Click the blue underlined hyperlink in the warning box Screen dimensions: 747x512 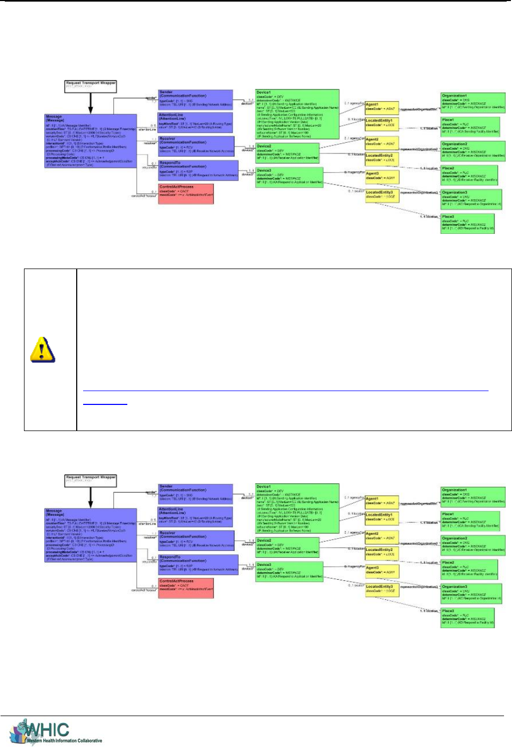point(105,403)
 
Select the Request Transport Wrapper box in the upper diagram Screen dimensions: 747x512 point(91,86)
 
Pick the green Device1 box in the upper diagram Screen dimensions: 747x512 point(297,114)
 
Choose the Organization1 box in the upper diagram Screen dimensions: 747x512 point(473,102)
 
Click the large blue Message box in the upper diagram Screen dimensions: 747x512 point(91,141)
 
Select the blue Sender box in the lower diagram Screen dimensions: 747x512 point(196,493)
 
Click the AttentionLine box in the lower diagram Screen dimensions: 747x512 point(196,517)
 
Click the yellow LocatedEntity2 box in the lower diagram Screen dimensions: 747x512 point(381,552)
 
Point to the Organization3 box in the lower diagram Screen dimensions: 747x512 point(471,593)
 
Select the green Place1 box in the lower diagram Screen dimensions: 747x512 point(470,521)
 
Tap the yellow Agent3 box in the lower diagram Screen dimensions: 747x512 point(381,570)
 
